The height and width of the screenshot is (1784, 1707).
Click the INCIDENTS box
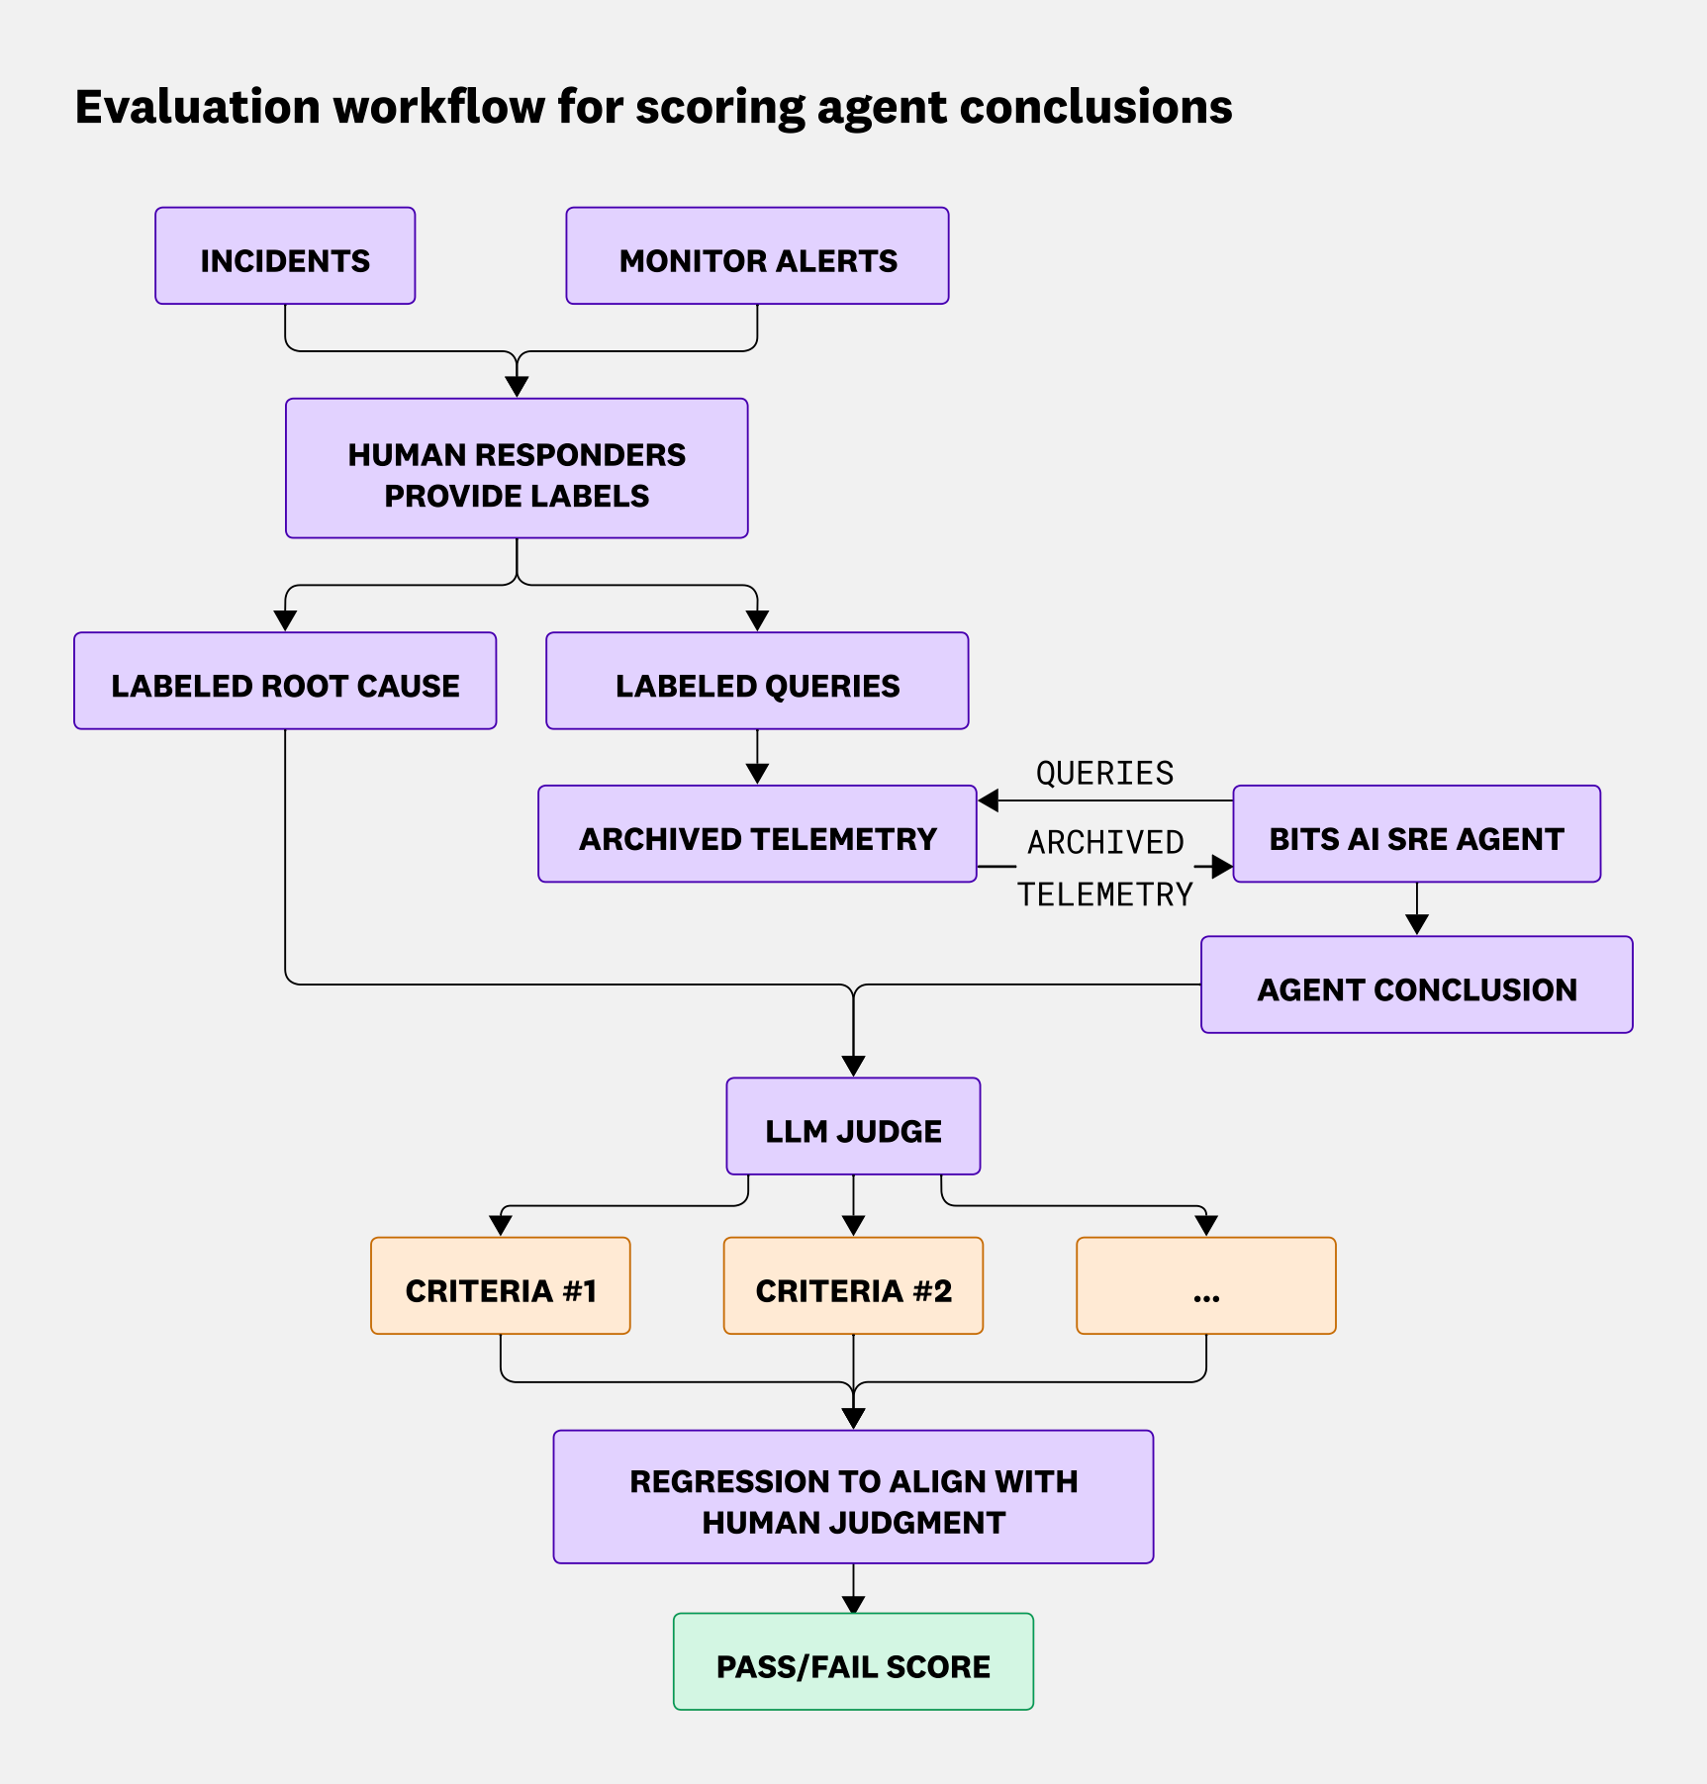pyautogui.click(x=285, y=256)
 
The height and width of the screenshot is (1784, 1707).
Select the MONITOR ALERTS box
pyautogui.click(x=757, y=256)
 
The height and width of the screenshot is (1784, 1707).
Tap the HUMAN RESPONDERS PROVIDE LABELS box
pyautogui.click(x=517, y=469)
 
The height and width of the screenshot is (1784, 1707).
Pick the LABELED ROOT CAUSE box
pyautogui.click(x=285, y=682)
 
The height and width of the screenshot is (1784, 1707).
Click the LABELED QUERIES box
pyautogui.click(x=757, y=682)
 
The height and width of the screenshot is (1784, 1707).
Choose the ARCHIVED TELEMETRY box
pyautogui.click(x=757, y=834)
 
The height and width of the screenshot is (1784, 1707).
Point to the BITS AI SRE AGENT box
pyautogui.click(x=1416, y=834)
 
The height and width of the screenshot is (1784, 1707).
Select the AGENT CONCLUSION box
pyautogui.click(x=1416, y=986)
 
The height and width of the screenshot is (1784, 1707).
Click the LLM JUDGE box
pyautogui.click(x=853, y=1127)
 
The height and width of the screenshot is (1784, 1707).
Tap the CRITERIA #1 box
pyautogui.click(x=501, y=1286)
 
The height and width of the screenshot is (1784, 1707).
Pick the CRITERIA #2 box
pyautogui.click(x=853, y=1286)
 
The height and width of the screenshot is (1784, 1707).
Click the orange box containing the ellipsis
pyautogui.click(x=1205, y=1286)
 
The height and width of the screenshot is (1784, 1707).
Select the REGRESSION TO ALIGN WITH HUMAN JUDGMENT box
pyautogui.click(x=853, y=1497)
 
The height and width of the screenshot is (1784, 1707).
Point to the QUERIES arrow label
pyautogui.click(x=1104, y=773)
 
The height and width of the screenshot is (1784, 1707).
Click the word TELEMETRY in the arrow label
pyautogui.click(x=1104, y=894)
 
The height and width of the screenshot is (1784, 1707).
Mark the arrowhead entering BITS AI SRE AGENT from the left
pyautogui.click(x=1222, y=867)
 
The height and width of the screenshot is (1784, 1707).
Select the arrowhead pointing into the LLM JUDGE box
pyautogui.click(x=853, y=1066)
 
